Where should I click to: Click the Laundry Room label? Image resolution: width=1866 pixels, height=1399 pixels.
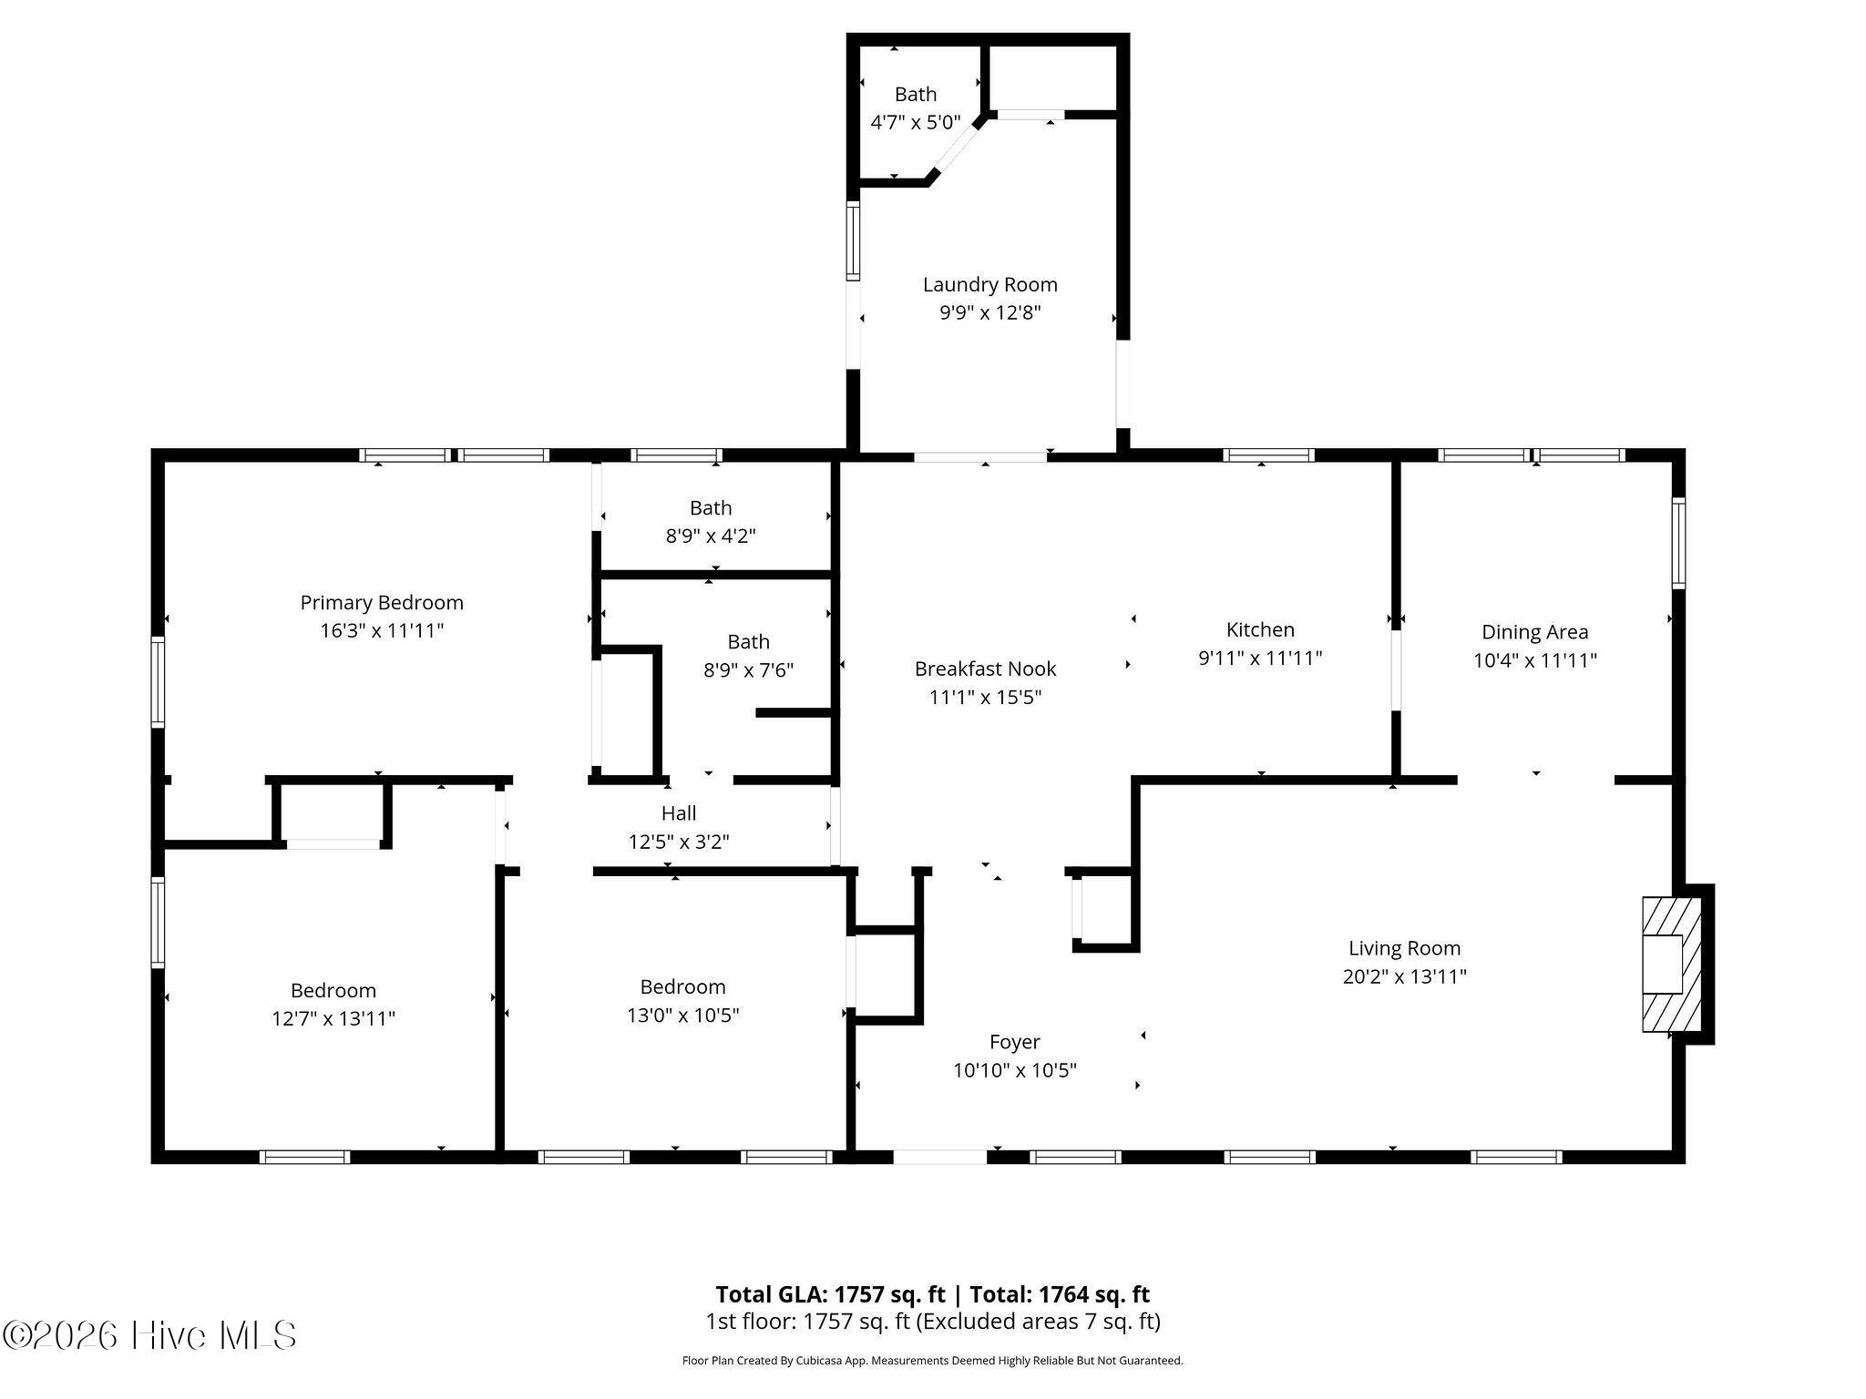989,284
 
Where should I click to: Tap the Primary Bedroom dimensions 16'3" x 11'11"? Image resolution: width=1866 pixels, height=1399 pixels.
382,630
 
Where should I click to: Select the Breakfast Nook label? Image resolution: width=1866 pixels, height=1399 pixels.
985,669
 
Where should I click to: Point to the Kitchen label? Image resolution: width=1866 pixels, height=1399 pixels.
1260,629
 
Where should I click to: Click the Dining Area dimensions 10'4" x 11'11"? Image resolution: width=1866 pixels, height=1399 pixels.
1535,660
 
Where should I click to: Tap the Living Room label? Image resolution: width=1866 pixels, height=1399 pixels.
1404,948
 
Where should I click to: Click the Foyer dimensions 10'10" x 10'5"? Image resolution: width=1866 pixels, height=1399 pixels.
1015,1070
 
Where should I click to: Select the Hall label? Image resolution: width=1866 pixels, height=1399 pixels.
679,813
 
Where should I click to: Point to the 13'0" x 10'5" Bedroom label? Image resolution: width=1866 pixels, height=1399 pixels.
682,986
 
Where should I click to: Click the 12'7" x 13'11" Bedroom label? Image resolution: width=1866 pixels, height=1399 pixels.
333,990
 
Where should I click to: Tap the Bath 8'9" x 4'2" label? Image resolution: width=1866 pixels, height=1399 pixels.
711,508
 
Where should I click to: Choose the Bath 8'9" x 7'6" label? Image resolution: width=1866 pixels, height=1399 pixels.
748,642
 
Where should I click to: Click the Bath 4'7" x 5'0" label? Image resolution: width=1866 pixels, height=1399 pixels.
916,94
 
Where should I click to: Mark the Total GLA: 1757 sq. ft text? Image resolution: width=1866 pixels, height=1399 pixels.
832,1294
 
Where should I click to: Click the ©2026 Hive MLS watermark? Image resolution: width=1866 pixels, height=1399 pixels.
149,1335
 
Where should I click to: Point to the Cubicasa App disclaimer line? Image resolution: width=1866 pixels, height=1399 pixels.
932,1361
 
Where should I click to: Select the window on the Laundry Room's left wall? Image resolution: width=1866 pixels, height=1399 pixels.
854,241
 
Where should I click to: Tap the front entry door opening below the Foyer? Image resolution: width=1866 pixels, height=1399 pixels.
939,1157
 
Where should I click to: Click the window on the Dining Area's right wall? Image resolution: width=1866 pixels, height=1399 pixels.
1678,543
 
